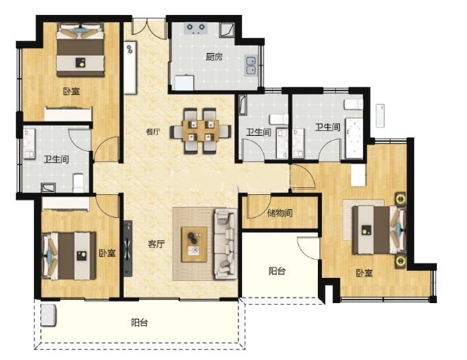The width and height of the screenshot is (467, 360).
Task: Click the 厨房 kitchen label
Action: tap(214, 57)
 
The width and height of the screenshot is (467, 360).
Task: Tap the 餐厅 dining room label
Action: tap(153, 131)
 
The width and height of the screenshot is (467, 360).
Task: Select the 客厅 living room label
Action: tap(156, 245)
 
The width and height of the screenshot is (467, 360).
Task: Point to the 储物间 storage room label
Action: tap(280, 213)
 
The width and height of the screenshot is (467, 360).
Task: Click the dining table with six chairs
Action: tap(200, 131)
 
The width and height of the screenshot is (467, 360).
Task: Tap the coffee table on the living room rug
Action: tap(194, 245)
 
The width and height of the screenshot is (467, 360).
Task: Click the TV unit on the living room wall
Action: tap(128, 249)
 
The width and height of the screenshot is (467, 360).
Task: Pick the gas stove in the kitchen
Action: tap(196, 28)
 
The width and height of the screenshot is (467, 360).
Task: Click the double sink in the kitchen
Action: tap(251, 65)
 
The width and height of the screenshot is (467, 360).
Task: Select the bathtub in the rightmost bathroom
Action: tap(354, 138)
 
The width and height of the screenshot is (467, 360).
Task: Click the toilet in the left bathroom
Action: tap(79, 182)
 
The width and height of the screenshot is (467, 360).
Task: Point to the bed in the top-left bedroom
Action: tap(80, 50)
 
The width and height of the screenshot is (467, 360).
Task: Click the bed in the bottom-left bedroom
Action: tap(69, 257)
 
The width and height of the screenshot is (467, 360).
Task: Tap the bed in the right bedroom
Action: tap(379, 230)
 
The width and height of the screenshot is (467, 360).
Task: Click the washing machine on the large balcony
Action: tap(49, 315)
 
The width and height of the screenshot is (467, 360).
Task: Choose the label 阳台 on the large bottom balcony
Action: tap(140, 322)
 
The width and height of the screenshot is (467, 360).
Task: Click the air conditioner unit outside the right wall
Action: tap(380, 116)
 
